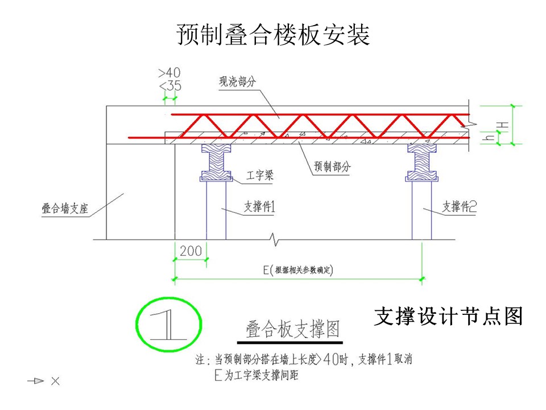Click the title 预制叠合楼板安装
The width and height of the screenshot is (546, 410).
point(273,35)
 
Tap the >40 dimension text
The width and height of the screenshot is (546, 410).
point(169,73)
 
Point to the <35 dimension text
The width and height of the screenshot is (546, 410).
point(170,86)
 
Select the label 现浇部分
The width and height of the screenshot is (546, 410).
point(238,82)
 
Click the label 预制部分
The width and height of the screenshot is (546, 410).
point(332,166)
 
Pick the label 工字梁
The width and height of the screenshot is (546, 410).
point(260,175)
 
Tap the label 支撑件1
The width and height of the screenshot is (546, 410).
point(259,206)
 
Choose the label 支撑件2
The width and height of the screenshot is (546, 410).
point(460,206)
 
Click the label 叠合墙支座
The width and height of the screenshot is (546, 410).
point(65,208)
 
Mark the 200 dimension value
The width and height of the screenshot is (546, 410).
point(191,251)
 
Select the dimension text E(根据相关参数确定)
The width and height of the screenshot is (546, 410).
point(298,270)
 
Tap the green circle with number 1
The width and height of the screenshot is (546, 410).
point(169,324)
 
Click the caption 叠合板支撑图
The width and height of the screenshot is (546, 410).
point(292,329)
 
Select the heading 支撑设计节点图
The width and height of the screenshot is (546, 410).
point(449,316)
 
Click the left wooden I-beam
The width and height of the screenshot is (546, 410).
point(216,162)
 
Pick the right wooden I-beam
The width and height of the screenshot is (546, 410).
point(421,162)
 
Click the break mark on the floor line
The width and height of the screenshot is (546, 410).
point(275,239)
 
